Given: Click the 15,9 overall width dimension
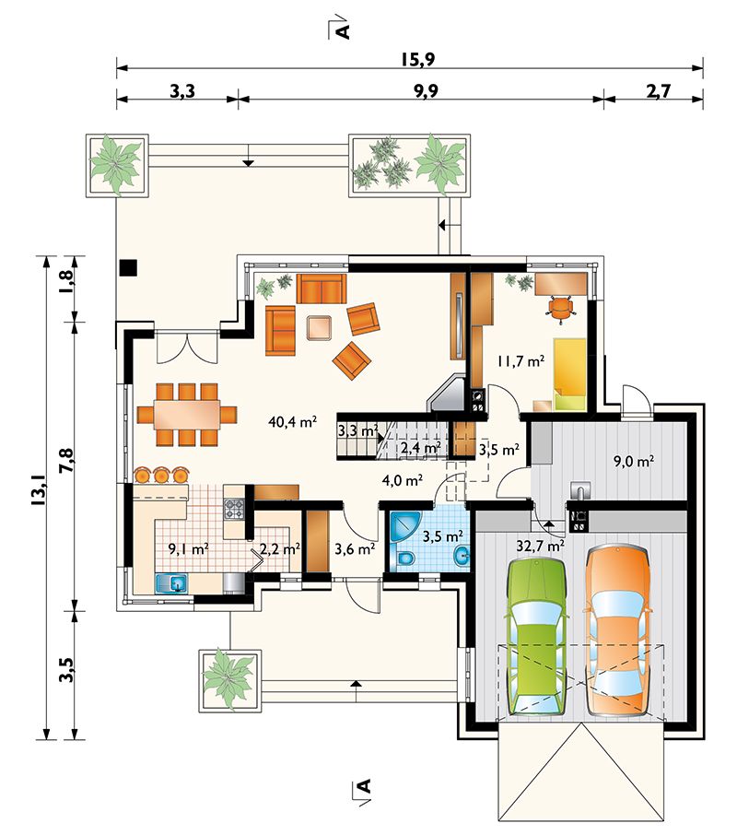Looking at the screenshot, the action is [x=418, y=59].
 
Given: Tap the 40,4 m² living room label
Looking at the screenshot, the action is [x=293, y=422].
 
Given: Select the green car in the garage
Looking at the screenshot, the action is [x=537, y=635].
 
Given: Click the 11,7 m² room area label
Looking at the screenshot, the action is [x=521, y=361].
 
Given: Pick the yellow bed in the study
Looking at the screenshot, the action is [x=570, y=374].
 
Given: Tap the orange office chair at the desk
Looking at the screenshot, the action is [x=560, y=309].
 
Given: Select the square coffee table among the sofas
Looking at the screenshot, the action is [x=320, y=328].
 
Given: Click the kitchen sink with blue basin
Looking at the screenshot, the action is [x=170, y=582].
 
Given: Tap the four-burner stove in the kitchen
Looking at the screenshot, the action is [x=234, y=509].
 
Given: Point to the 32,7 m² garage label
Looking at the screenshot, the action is [x=541, y=546].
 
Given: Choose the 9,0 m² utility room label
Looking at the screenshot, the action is [x=634, y=461].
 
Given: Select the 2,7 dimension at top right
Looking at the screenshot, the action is [x=659, y=91].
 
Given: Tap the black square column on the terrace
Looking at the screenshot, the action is [x=128, y=267].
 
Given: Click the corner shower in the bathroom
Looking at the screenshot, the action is [x=405, y=528].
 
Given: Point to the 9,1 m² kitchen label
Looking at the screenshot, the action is [x=188, y=549].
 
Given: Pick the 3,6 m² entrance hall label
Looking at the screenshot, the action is [x=355, y=549].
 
